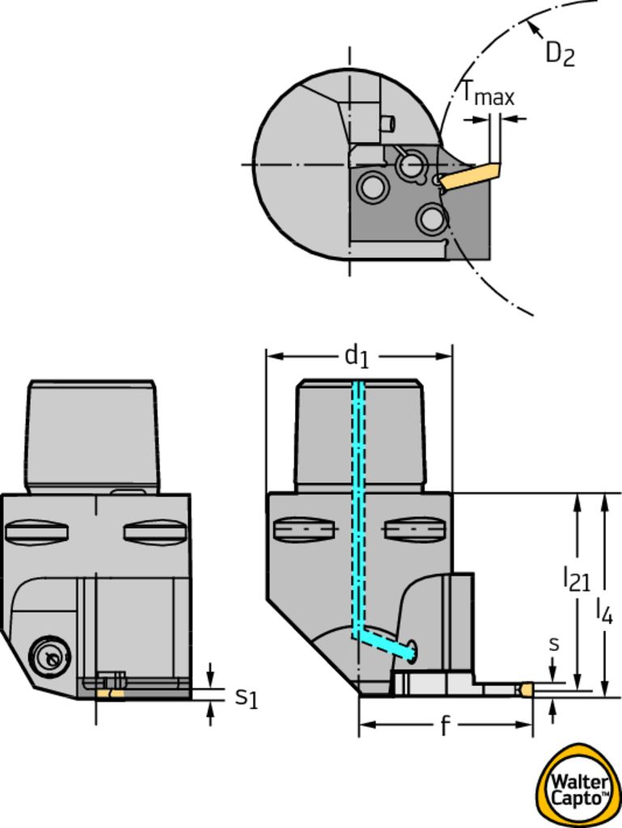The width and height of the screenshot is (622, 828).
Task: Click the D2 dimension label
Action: point(560,53)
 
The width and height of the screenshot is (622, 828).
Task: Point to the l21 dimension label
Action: point(576,578)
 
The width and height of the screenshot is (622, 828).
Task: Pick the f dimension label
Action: point(445,727)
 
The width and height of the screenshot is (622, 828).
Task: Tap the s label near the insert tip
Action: point(553,644)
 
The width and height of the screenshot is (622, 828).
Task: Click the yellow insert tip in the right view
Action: point(526,690)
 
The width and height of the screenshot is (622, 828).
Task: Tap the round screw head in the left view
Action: point(49,657)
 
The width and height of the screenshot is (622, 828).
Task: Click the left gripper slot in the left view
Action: point(36,532)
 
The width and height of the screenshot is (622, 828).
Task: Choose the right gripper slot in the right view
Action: point(415,530)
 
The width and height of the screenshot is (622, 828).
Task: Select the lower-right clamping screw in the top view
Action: point(432,218)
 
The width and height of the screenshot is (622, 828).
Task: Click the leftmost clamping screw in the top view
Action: point(372,187)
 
